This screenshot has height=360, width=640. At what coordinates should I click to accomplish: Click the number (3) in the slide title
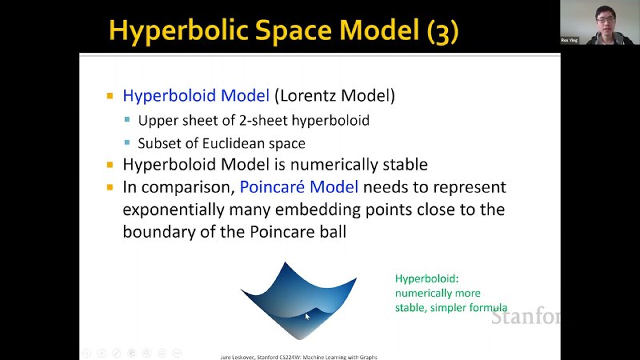443,31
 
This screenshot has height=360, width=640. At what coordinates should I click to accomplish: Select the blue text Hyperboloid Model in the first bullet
196,96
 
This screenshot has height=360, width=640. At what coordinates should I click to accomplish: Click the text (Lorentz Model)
334,95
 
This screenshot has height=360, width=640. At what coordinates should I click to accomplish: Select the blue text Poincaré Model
298,187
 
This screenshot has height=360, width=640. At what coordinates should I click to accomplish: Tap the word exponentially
174,210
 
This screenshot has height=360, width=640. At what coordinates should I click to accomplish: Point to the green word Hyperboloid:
426,279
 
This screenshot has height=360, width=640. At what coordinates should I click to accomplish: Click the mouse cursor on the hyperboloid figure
307,316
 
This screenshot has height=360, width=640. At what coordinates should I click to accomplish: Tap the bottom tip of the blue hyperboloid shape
300,339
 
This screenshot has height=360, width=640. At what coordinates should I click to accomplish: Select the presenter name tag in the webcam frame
570,40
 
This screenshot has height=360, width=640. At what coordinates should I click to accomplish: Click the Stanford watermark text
526,317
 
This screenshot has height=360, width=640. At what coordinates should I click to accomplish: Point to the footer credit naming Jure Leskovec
298,357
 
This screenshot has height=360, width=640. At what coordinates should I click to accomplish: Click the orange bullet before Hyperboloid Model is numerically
110,165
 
